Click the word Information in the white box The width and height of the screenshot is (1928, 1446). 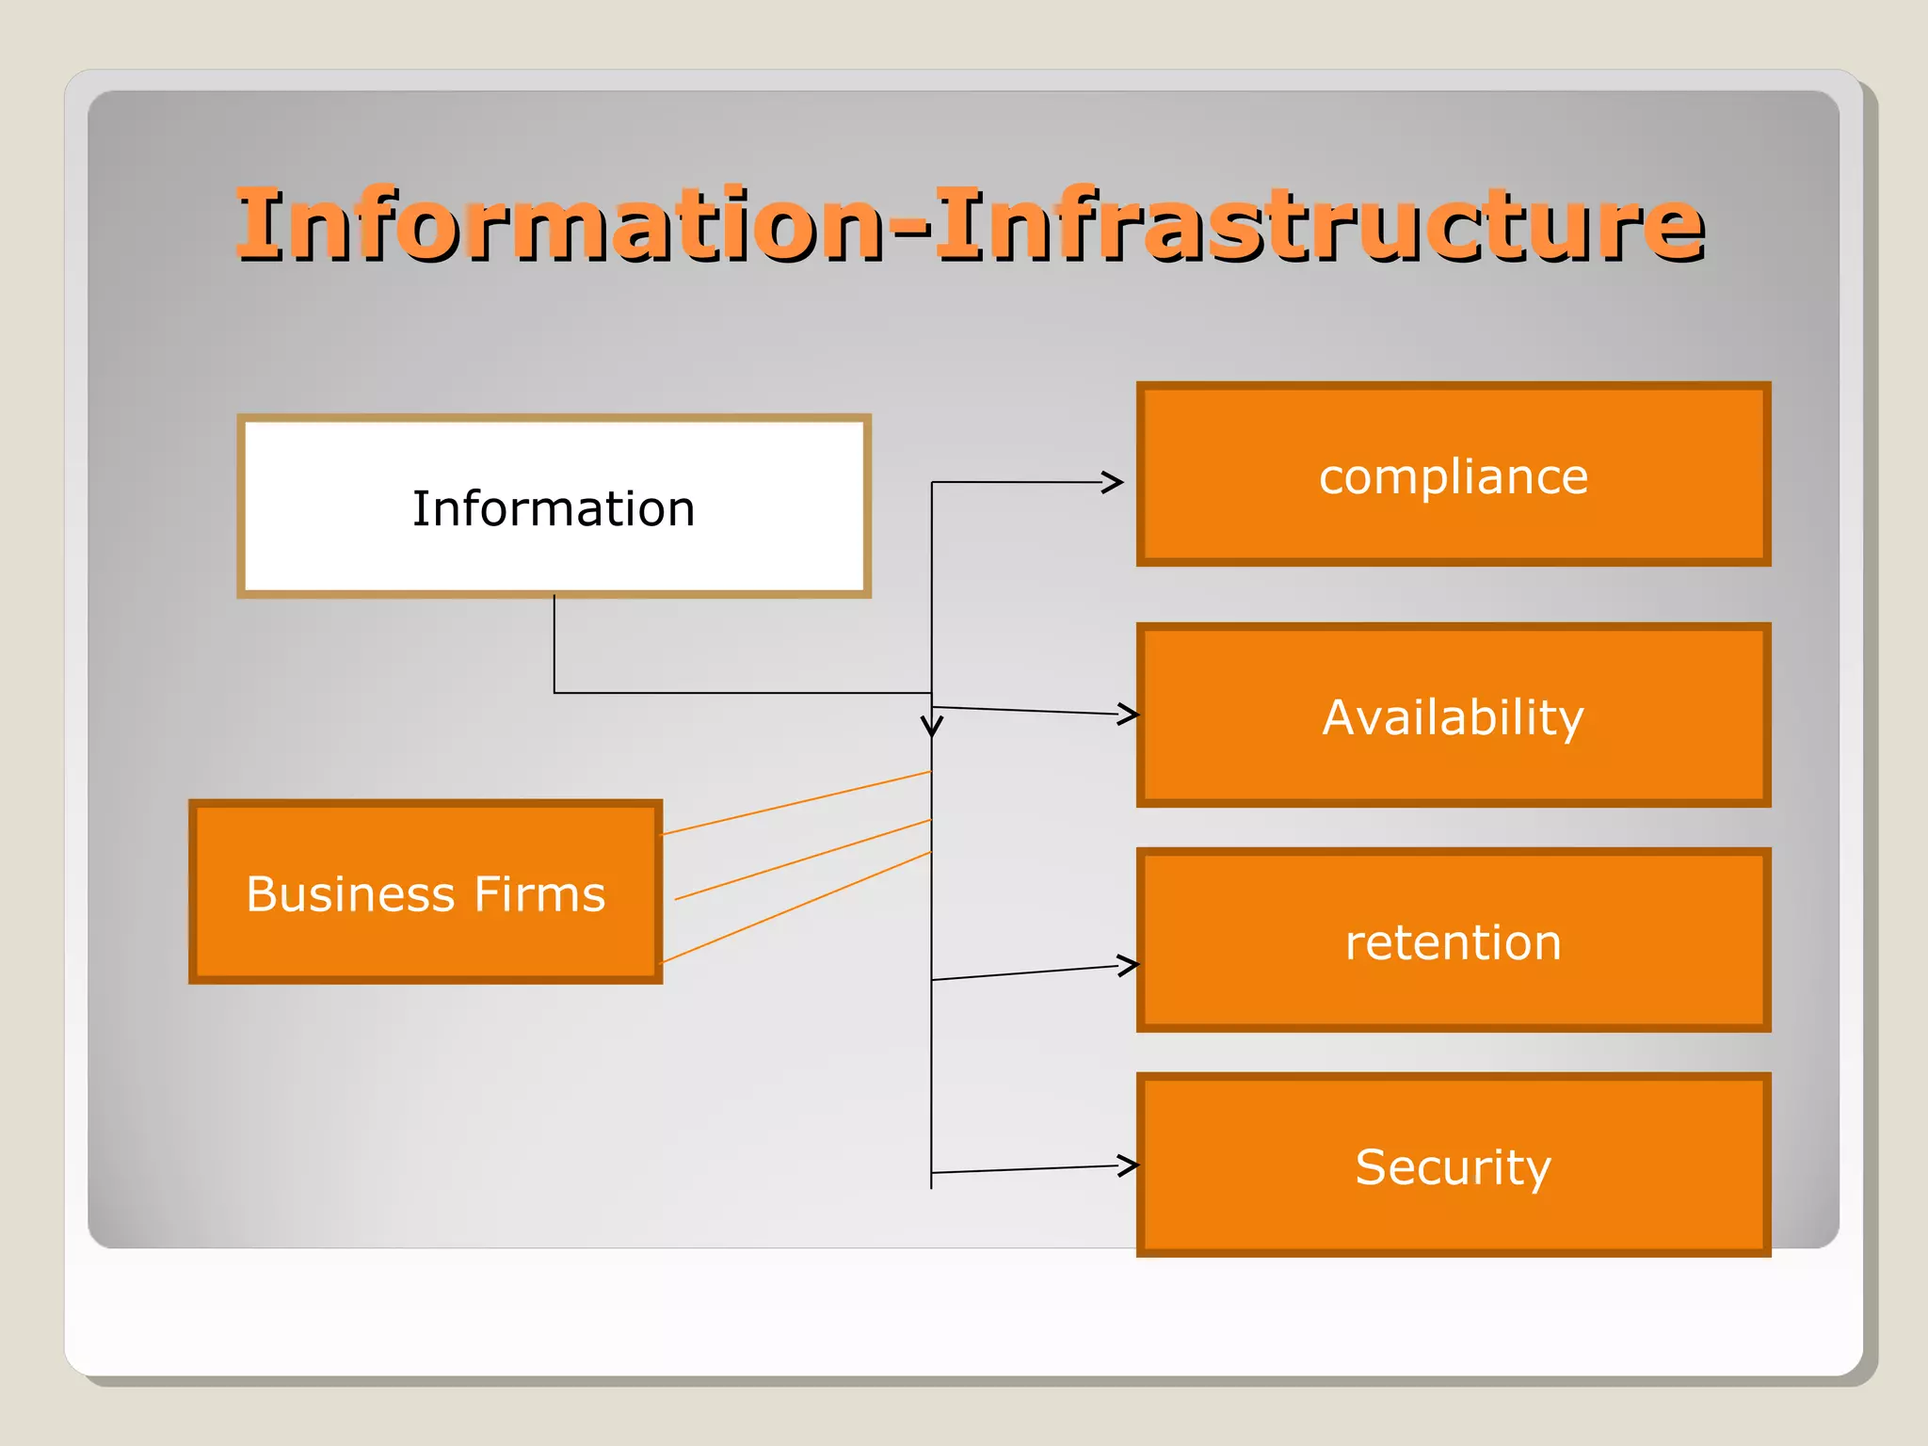(x=554, y=509)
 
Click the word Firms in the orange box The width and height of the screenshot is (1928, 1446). (x=539, y=894)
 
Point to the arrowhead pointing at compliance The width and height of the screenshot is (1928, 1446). (x=1115, y=482)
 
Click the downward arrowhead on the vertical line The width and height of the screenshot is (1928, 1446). (x=931, y=728)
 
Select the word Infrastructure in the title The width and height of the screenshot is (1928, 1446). (x=1318, y=226)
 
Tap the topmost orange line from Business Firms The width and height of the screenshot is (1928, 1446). (x=795, y=803)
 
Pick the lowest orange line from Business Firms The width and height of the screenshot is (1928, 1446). (x=795, y=908)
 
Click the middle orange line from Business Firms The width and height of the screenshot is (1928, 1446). (x=802, y=860)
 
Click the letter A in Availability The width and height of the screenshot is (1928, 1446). (x=1343, y=717)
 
